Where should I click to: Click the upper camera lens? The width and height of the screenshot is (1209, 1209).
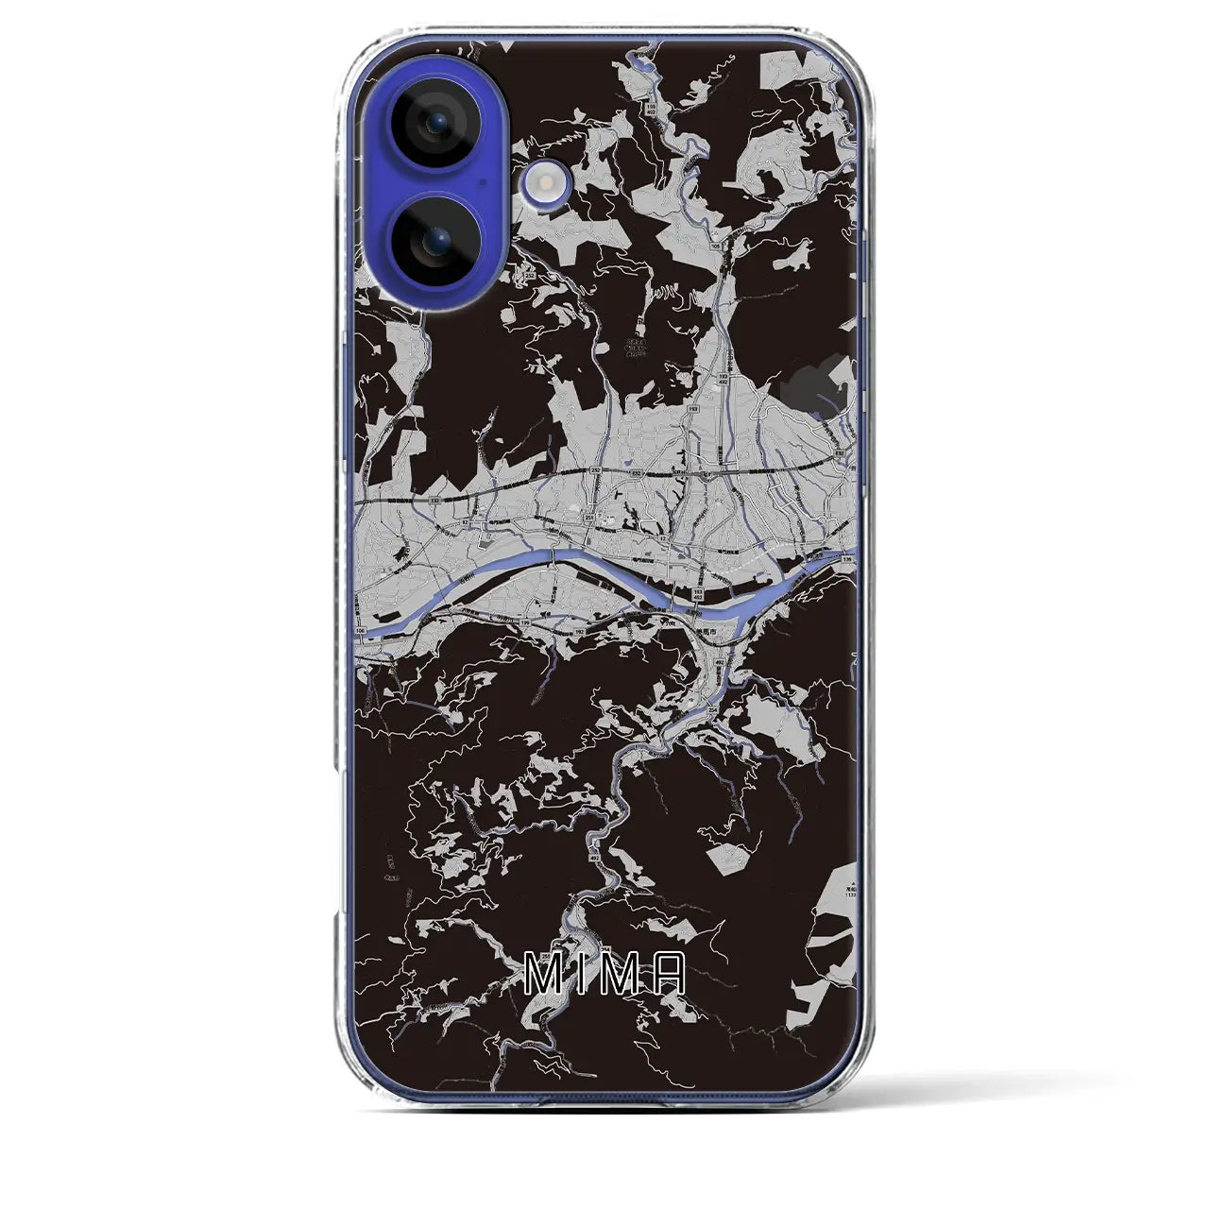coord(437,124)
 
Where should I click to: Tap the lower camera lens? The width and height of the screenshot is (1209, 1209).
coord(437,242)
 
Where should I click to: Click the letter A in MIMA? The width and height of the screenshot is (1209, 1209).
coord(667,976)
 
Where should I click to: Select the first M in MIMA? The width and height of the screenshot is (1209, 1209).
coord(540,976)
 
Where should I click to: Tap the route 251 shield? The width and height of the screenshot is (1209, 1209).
coord(588,518)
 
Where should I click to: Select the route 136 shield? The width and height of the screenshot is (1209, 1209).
coord(846,561)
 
